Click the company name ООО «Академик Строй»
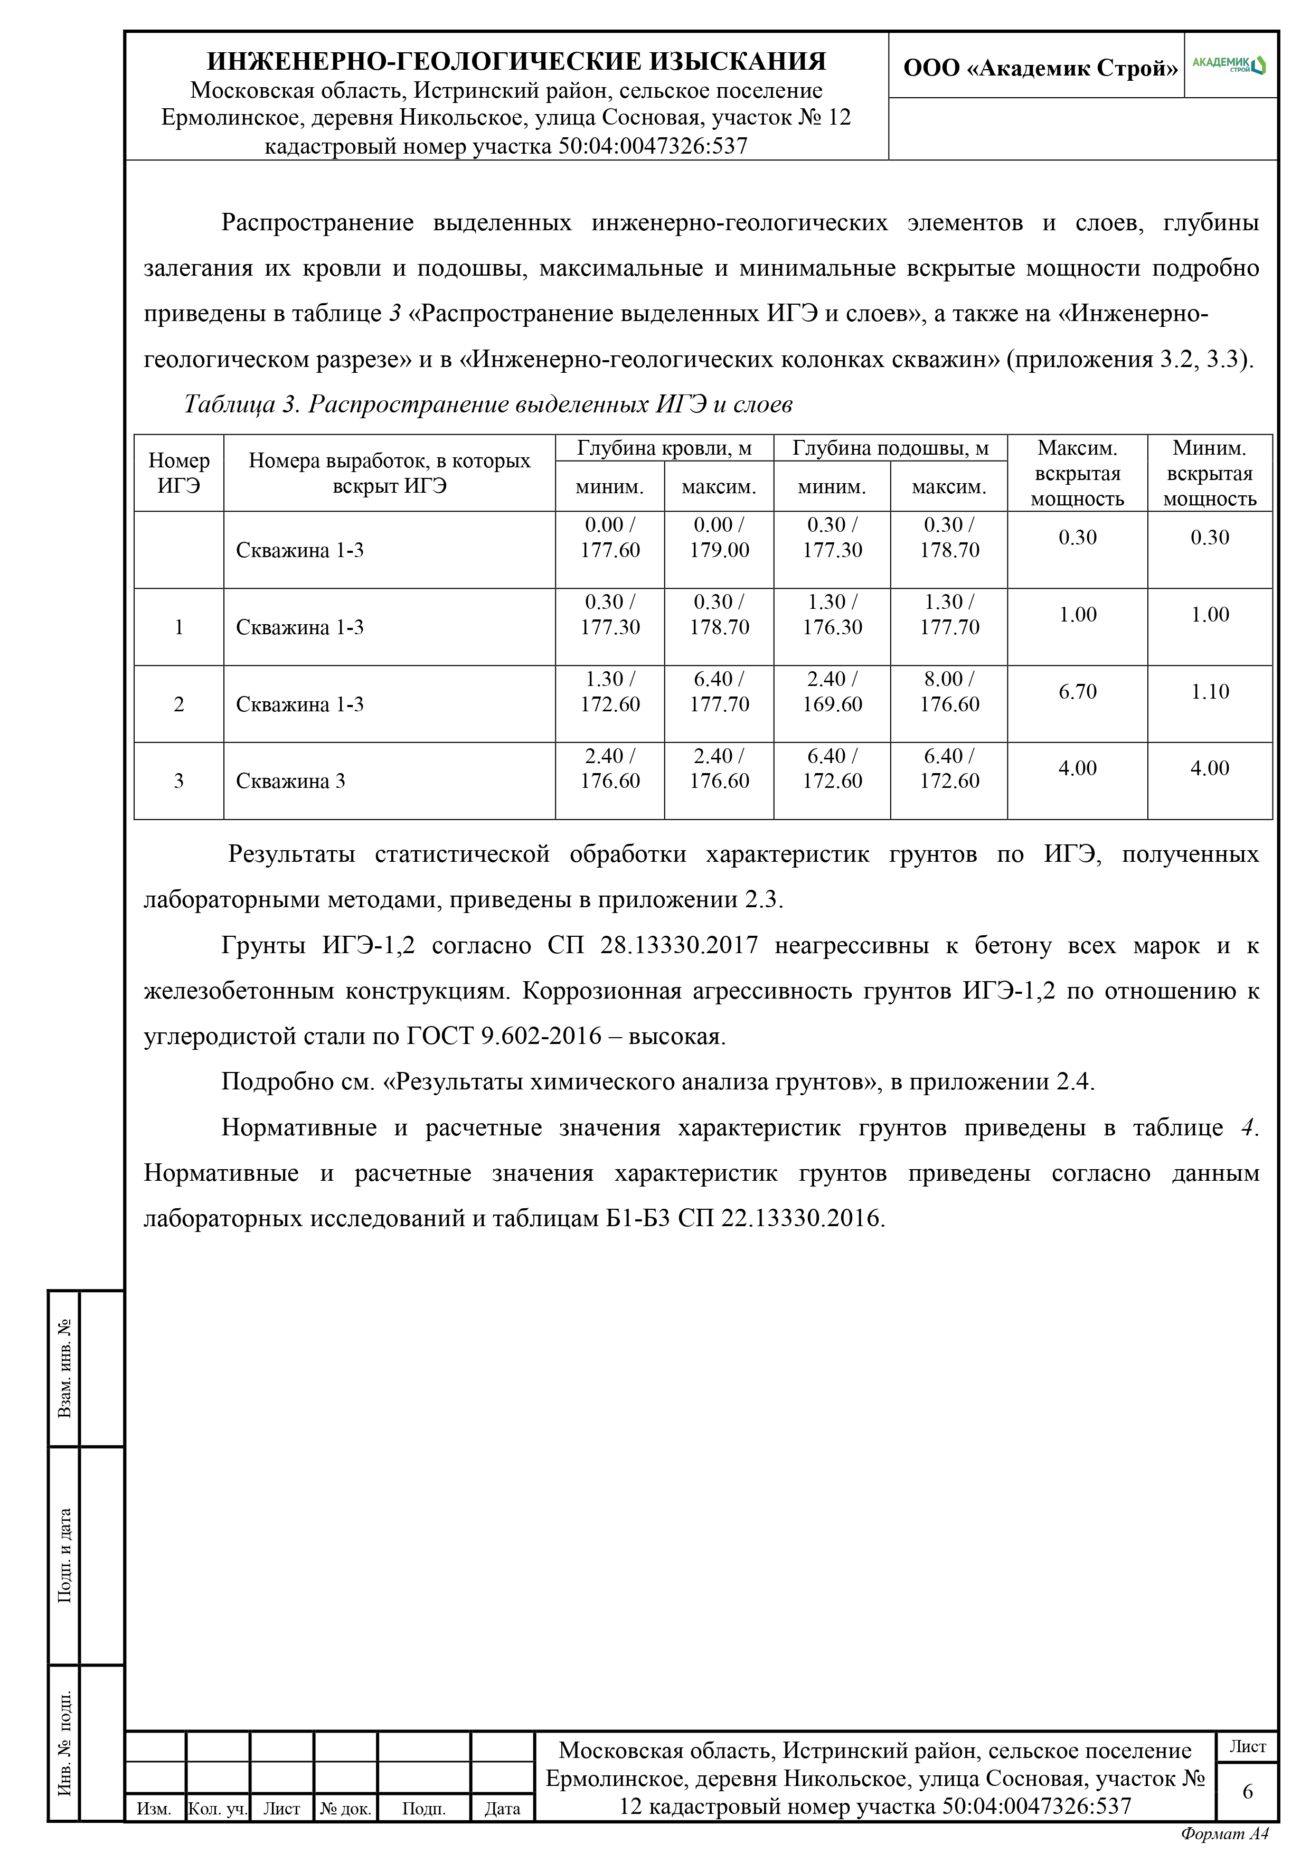1040,68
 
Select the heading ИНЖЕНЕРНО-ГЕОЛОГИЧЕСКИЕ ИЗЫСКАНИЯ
516,61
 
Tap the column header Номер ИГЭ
178,473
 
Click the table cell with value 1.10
1209,692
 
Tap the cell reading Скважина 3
290,781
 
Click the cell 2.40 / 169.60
832,692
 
